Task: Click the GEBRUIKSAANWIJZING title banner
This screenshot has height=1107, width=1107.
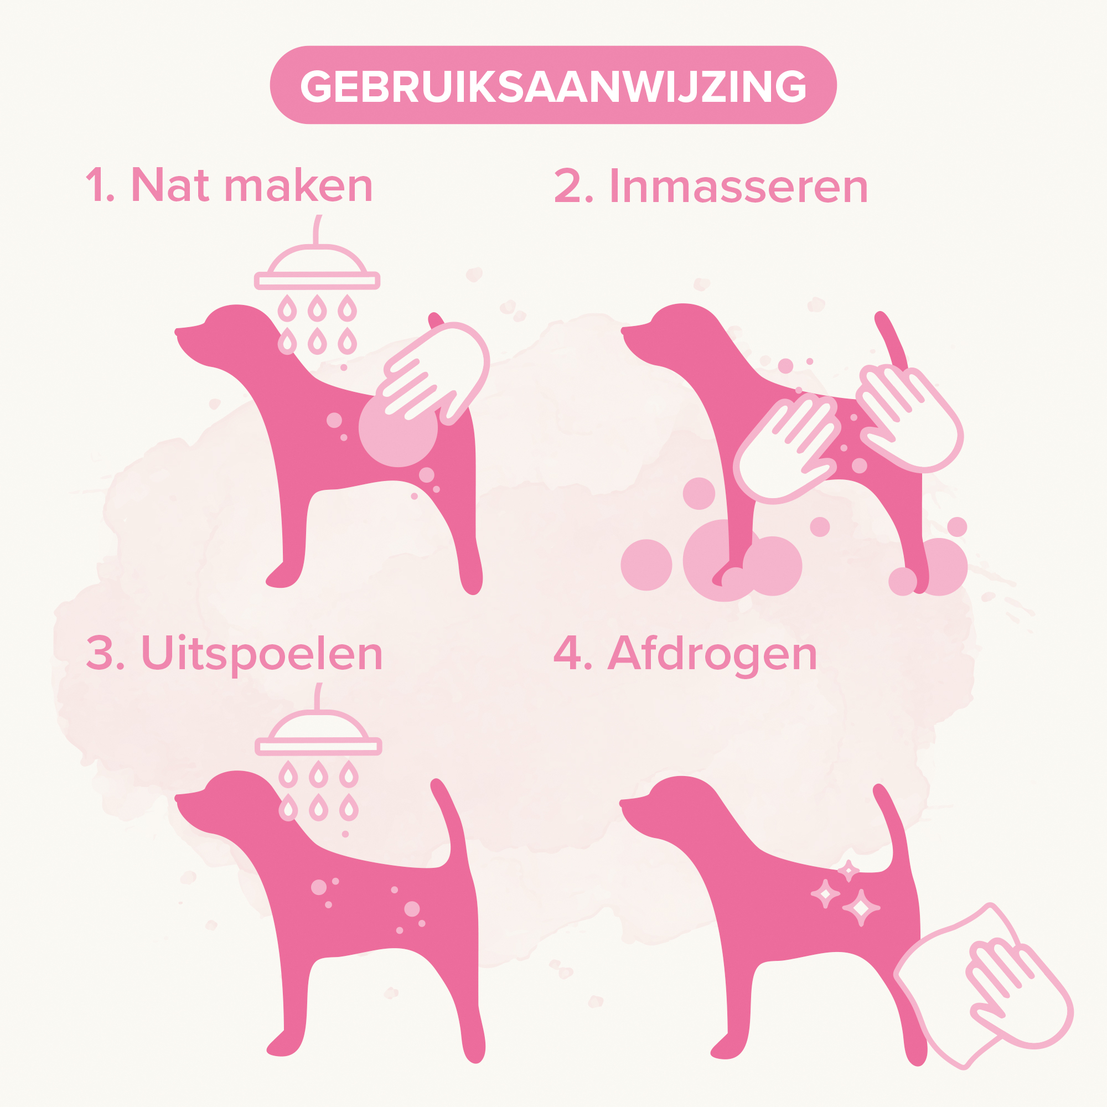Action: tap(553, 85)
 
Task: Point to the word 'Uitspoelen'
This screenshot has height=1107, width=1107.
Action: tap(262, 654)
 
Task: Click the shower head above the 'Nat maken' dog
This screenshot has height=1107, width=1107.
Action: tap(317, 270)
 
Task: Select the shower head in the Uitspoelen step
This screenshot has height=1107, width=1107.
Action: tap(318, 734)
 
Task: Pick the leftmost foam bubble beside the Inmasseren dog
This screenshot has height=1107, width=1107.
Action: tap(646, 565)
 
